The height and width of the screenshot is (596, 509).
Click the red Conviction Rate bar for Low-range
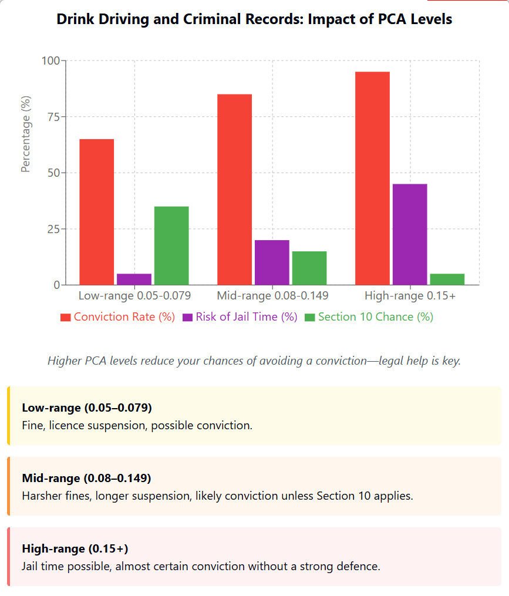(96, 212)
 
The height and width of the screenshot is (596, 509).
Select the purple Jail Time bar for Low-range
(134, 280)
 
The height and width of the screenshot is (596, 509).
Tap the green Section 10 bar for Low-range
(171, 245)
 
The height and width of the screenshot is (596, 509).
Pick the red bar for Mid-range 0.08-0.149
(234, 190)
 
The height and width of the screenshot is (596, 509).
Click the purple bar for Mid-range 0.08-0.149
(272, 262)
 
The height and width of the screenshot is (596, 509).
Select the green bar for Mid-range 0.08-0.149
(309, 268)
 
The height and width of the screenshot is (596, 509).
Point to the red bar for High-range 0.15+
(372, 179)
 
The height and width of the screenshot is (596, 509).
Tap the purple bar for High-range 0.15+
(410, 234)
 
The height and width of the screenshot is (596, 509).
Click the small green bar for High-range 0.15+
(447, 280)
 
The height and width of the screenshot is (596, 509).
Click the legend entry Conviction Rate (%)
(118, 317)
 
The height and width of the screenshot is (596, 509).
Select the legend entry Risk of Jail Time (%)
(240, 317)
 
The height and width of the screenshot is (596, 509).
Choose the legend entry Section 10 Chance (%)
(368, 317)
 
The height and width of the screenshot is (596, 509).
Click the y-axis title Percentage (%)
(25, 134)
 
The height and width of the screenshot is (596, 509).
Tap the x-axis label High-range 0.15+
(410, 295)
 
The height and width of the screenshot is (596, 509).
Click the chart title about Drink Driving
(254, 19)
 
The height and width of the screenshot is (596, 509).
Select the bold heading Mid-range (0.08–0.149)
(86, 477)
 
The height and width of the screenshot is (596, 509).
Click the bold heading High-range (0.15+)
(75, 548)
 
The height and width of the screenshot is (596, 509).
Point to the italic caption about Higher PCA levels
(254, 361)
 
